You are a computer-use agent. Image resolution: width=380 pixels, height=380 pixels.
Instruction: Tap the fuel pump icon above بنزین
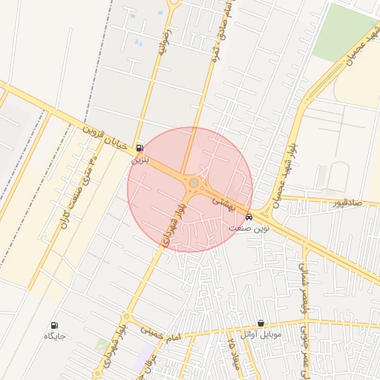[140, 148]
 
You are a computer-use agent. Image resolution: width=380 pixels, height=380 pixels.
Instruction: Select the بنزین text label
[140, 159]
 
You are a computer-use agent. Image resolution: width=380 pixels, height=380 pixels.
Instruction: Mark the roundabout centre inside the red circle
[193, 183]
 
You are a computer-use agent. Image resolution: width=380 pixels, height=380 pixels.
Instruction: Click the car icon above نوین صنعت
[249, 217]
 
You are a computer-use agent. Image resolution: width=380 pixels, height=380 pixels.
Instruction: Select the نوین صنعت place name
[249, 229]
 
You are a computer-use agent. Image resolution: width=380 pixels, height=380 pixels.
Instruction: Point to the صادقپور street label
[345, 202]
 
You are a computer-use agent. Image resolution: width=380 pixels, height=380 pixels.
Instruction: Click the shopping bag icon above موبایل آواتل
[261, 324]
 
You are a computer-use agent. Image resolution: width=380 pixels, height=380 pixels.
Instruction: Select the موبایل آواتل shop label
[260, 335]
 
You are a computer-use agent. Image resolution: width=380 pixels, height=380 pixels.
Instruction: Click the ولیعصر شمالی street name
[305, 297]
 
